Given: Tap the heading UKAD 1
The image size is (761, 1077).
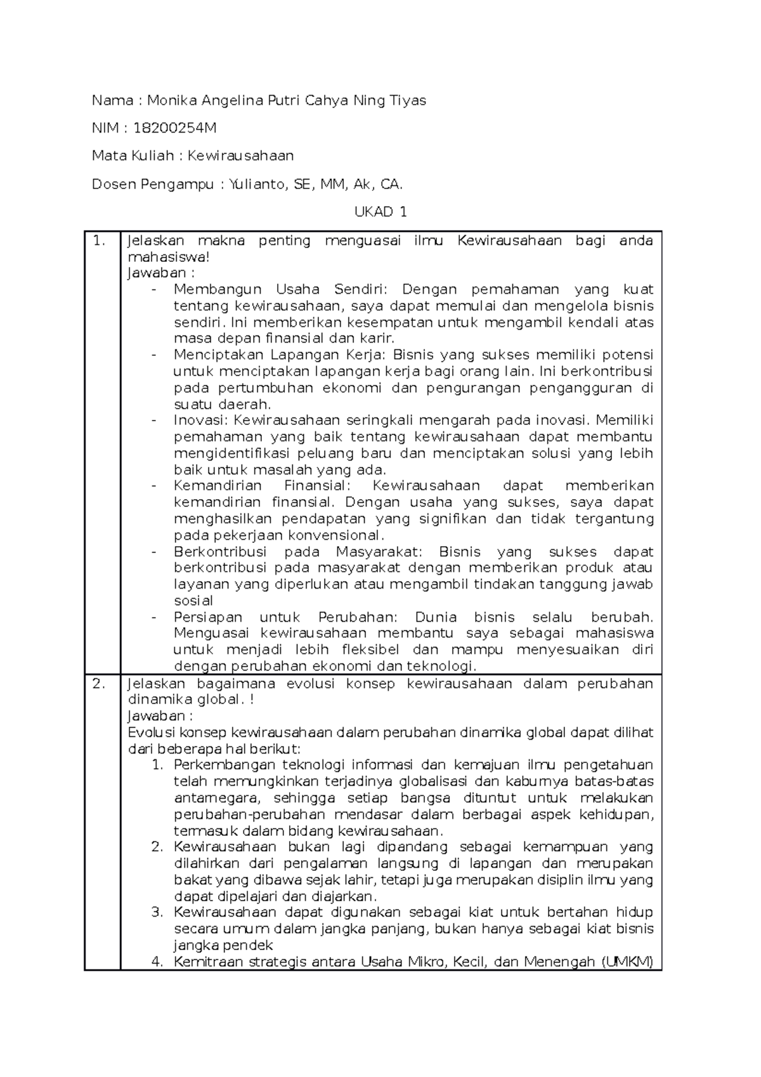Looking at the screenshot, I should [380, 212].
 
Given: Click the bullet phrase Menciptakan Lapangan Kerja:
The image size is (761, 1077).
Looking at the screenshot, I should [281, 355].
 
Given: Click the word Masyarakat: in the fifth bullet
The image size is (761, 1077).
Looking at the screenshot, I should [382, 552].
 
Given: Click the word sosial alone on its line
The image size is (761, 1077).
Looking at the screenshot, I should [193, 601].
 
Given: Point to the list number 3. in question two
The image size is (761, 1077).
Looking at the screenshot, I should [157, 913].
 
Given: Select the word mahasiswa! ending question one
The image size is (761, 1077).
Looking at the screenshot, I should [167, 257].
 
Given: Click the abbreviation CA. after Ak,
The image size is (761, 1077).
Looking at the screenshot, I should [391, 184].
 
